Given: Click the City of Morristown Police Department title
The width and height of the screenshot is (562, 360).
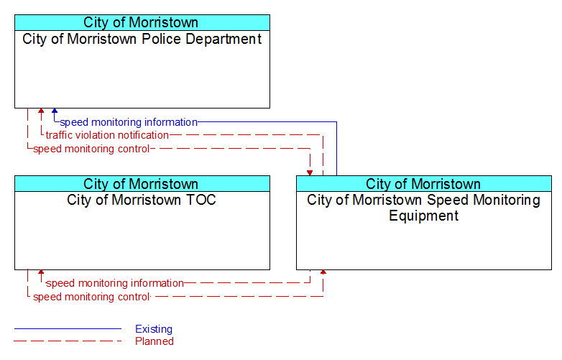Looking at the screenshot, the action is click(x=142, y=39).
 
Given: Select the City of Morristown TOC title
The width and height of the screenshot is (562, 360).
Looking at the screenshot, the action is click(x=142, y=200).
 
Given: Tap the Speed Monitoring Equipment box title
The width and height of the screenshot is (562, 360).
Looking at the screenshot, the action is click(x=423, y=208).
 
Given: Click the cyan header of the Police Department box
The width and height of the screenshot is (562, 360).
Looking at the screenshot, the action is click(x=142, y=22).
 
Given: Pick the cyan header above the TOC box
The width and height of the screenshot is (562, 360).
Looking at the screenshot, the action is click(x=142, y=184).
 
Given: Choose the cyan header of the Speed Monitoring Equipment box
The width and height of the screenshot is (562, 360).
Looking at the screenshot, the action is click(x=424, y=184).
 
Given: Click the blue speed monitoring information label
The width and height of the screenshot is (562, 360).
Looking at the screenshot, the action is click(x=129, y=122).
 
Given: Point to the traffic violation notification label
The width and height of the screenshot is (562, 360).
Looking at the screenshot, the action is click(x=107, y=135).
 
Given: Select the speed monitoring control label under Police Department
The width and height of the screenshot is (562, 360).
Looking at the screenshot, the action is click(x=91, y=149).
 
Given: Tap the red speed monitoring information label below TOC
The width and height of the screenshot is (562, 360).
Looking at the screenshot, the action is click(x=115, y=283).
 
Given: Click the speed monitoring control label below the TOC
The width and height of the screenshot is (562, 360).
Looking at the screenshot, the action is click(x=91, y=297).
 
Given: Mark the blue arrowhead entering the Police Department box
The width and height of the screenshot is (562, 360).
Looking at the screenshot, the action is click(x=55, y=111).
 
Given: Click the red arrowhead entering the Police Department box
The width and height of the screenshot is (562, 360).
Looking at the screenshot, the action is click(x=41, y=111).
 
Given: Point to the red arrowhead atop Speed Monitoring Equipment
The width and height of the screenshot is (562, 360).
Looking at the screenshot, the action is click(x=310, y=173).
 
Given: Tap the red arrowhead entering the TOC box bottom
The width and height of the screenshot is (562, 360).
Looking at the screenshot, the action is click(x=41, y=272).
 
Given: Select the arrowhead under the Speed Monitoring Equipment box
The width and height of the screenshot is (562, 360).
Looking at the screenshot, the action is click(x=323, y=272).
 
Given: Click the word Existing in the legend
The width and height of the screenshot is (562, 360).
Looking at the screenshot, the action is click(x=154, y=329).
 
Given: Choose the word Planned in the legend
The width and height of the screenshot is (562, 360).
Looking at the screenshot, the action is click(x=155, y=341).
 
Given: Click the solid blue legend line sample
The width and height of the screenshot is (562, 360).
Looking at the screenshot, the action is click(x=68, y=328).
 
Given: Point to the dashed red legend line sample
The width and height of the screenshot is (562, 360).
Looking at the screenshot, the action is click(x=68, y=341).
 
